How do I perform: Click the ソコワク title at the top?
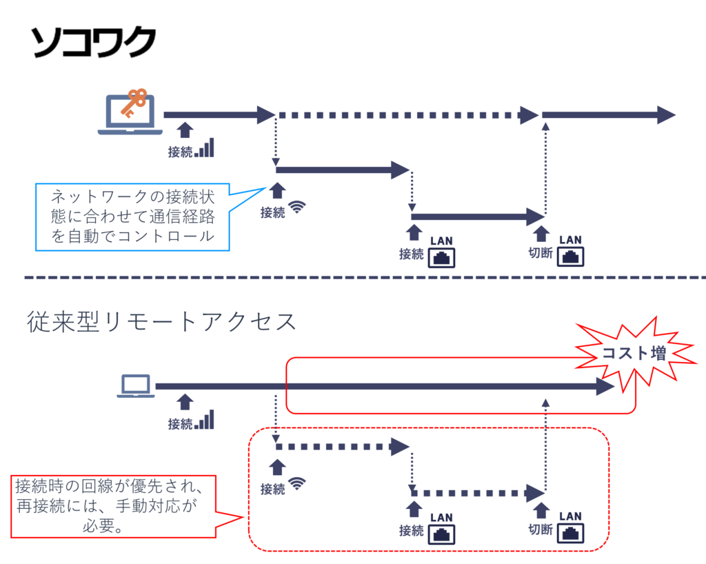[x=93, y=42]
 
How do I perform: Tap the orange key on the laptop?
[x=134, y=103]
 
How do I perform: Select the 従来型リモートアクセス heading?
[x=161, y=322]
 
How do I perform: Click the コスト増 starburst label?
[x=634, y=353]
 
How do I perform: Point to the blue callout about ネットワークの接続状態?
[x=132, y=217]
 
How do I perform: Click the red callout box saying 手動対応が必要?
[x=114, y=506]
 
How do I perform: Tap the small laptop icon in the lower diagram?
[x=136, y=386]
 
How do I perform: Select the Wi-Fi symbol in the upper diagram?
[x=297, y=207]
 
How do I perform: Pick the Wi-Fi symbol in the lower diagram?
[x=297, y=483]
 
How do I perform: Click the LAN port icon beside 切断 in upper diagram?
[x=570, y=257]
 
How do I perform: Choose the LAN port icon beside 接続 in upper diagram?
[x=441, y=258]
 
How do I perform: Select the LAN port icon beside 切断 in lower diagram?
[x=570, y=534]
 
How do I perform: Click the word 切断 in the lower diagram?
[x=541, y=530]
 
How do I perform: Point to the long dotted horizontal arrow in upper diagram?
[x=407, y=115]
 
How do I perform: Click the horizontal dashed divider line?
[x=365, y=278]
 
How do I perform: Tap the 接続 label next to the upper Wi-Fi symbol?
[x=272, y=212]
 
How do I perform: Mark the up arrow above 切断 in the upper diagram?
[x=541, y=234]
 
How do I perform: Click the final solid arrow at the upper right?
[x=609, y=115]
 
